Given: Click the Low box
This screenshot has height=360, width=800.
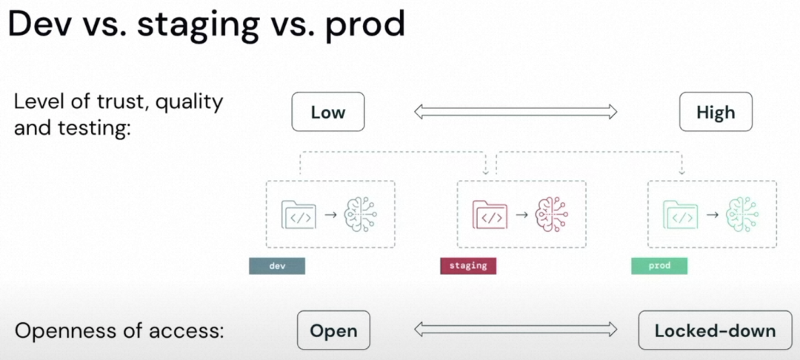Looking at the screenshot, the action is tap(328, 112).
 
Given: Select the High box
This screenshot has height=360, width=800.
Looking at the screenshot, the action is tap(716, 112).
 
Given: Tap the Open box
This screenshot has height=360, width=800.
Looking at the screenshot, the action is tap(333, 330).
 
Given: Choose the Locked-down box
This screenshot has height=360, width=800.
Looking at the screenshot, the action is tap(715, 330).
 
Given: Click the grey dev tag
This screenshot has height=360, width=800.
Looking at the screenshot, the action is tap(277, 266).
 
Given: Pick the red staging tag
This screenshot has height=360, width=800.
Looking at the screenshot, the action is tap(468, 266).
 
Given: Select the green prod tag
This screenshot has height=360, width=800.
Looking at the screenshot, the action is tap(659, 266).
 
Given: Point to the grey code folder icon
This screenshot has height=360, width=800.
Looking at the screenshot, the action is tap(299, 215).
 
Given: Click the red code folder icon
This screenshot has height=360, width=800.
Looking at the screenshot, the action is tap(490, 215).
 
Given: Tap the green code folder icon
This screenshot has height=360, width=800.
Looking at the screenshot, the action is tap(681, 215).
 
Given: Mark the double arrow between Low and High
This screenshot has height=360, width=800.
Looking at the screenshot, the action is tap(516, 112).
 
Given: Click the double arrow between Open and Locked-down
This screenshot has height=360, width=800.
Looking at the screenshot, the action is tap(516, 330).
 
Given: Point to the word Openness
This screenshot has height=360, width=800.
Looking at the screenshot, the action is tap(64, 330).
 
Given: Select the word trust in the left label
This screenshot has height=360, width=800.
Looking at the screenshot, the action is tap(118, 101).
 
